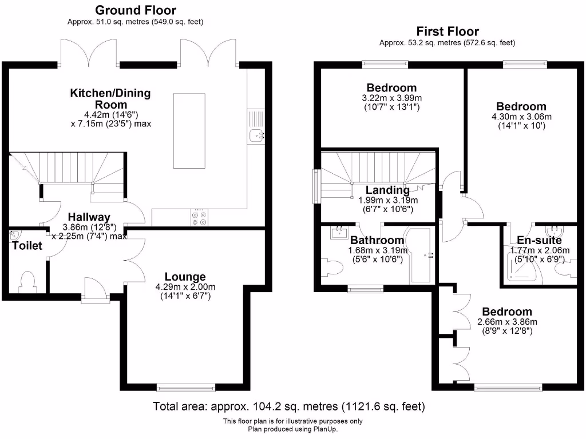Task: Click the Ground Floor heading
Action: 135,10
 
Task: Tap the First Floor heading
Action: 448,31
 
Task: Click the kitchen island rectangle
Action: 189,131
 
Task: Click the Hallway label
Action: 89,217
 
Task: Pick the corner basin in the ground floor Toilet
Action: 15,235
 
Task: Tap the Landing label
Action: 388,190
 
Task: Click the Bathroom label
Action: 377,241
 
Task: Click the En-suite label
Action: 540,240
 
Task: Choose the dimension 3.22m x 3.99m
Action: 392,98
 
